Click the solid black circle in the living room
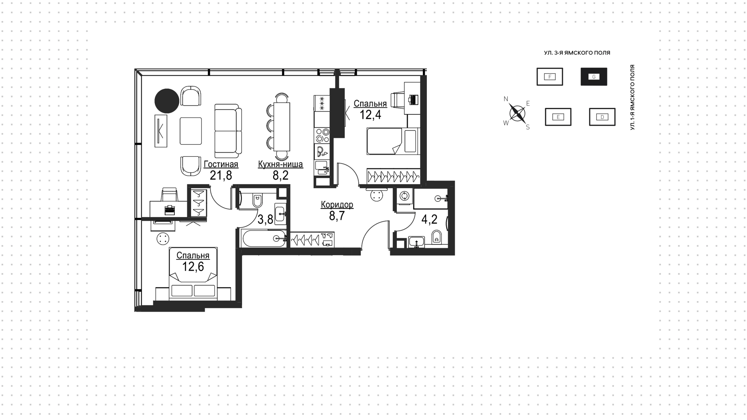[167, 101]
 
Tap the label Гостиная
[221, 164]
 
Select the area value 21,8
[221, 176]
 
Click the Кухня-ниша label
[281, 164]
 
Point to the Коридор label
[337, 205]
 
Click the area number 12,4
[370, 115]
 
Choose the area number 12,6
[193, 266]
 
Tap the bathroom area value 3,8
[265, 220]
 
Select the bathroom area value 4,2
[430, 220]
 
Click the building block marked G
[594, 77]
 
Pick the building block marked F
[550, 77]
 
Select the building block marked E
[558, 117]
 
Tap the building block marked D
[602, 117]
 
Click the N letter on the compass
[506, 99]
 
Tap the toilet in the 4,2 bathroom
[437, 236]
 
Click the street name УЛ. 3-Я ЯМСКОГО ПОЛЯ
[577, 53]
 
